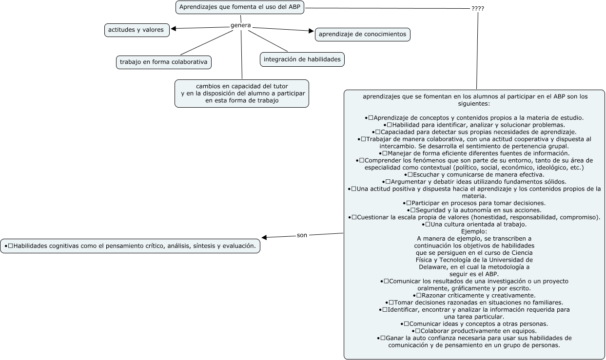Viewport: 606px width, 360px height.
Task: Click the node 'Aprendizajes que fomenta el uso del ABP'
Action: click(x=240, y=7)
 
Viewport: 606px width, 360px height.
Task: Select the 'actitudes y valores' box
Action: click(x=137, y=30)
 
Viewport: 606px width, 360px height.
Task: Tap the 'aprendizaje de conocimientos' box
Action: click(x=362, y=35)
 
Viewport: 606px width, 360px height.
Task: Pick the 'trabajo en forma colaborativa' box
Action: click(x=164, y=62)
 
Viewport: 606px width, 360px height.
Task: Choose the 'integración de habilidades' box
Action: click(x=302, y=59)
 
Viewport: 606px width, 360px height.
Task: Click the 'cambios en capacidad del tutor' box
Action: click(x=242, y=93)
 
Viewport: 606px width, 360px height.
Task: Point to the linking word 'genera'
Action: click(x=240, y=25)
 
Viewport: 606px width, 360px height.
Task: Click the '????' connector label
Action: click(x=478, y=9)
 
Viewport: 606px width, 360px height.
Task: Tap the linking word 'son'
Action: click(x=302, y=235)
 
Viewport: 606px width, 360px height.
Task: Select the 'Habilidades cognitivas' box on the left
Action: click(x=130, y=246)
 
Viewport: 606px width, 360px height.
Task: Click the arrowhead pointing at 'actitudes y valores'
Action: click(x=174, y=28)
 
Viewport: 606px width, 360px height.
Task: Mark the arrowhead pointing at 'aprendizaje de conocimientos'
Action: click(x=312, y=31)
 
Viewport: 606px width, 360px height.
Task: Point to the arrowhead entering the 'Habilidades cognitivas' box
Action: click(x=265, y=238)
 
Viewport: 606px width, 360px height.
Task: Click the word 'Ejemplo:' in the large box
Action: click(x=474, y=232)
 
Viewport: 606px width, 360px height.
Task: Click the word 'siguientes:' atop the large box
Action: click(x=475, y=104)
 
